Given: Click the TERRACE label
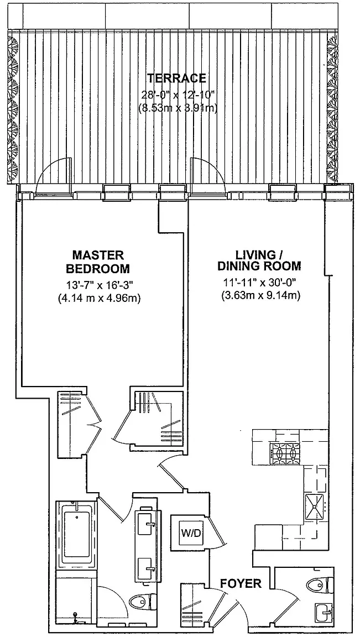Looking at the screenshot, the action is pos(176,77).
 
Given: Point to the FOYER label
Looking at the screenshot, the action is pos(241,584).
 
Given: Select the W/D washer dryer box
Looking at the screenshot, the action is pos(191,532).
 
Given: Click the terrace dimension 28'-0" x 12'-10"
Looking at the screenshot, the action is pos(177,95).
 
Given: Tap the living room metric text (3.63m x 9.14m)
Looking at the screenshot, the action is pos(260,296).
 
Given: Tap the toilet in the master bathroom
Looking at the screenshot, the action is pos(143,601).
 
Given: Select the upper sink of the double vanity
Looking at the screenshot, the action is pos(147,524).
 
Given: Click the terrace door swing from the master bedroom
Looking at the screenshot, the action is pos(53,175).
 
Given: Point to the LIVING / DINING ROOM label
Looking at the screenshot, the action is pos(259,260).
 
